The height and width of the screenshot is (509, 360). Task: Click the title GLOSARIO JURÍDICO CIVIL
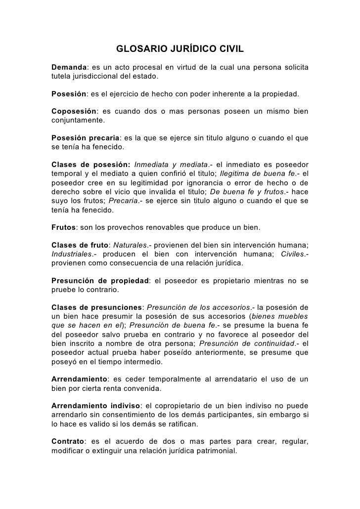click(180, 49)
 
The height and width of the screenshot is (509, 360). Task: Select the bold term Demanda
click(68, 67)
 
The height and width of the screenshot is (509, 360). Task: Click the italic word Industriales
click(71, 254)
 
